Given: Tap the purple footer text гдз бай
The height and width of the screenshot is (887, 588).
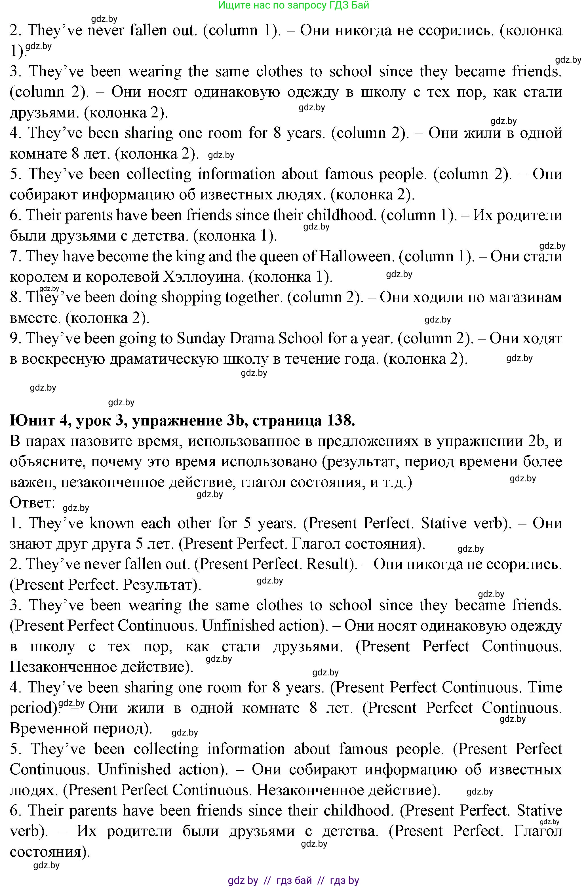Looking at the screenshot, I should pyautogui.click(x=294, y=880).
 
